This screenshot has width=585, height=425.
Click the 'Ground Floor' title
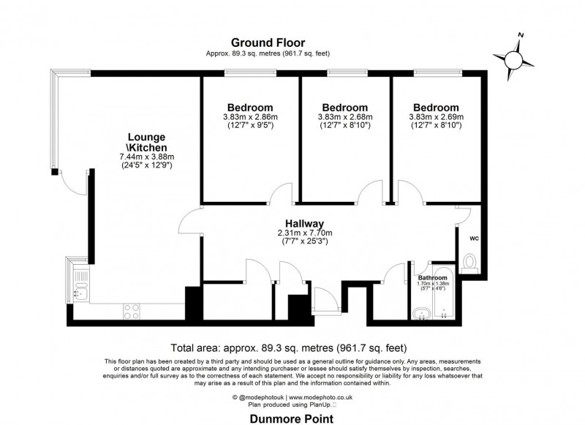click(268, 42)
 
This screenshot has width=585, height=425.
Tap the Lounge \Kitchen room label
click(146, 143)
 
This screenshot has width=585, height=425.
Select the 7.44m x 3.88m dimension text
click(146, 157)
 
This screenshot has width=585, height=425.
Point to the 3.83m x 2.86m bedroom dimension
click(250, 117)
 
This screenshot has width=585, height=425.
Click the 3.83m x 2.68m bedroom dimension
click(344, 117)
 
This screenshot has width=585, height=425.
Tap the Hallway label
click(305, 223)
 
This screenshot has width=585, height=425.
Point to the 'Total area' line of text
click(288, 347)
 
